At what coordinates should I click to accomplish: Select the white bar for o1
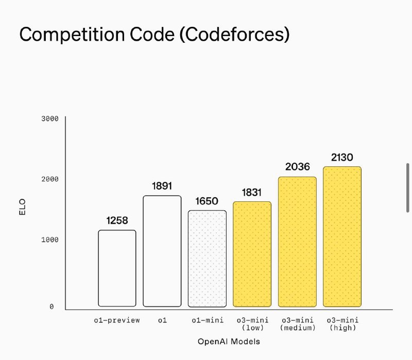pos(162,251)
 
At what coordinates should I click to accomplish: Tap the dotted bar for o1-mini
pos(207,258)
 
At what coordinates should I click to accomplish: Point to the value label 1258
pos(117,220)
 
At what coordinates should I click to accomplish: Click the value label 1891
pos(162,186)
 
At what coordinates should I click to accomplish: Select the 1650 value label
pos(207,201)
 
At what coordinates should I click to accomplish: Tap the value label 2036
pos(297,167)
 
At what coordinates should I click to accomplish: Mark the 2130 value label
pos(342,157)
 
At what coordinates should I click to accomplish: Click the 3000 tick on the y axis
pos(50,118)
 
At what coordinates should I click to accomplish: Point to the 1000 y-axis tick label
pos(50,239)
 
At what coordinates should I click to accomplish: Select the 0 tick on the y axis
pos(51,307)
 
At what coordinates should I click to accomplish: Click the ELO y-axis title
pos(22,207)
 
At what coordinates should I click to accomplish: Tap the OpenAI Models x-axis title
pos(229,341)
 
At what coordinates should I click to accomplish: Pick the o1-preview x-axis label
pos(117,320)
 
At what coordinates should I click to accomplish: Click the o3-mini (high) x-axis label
pos(342,324)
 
